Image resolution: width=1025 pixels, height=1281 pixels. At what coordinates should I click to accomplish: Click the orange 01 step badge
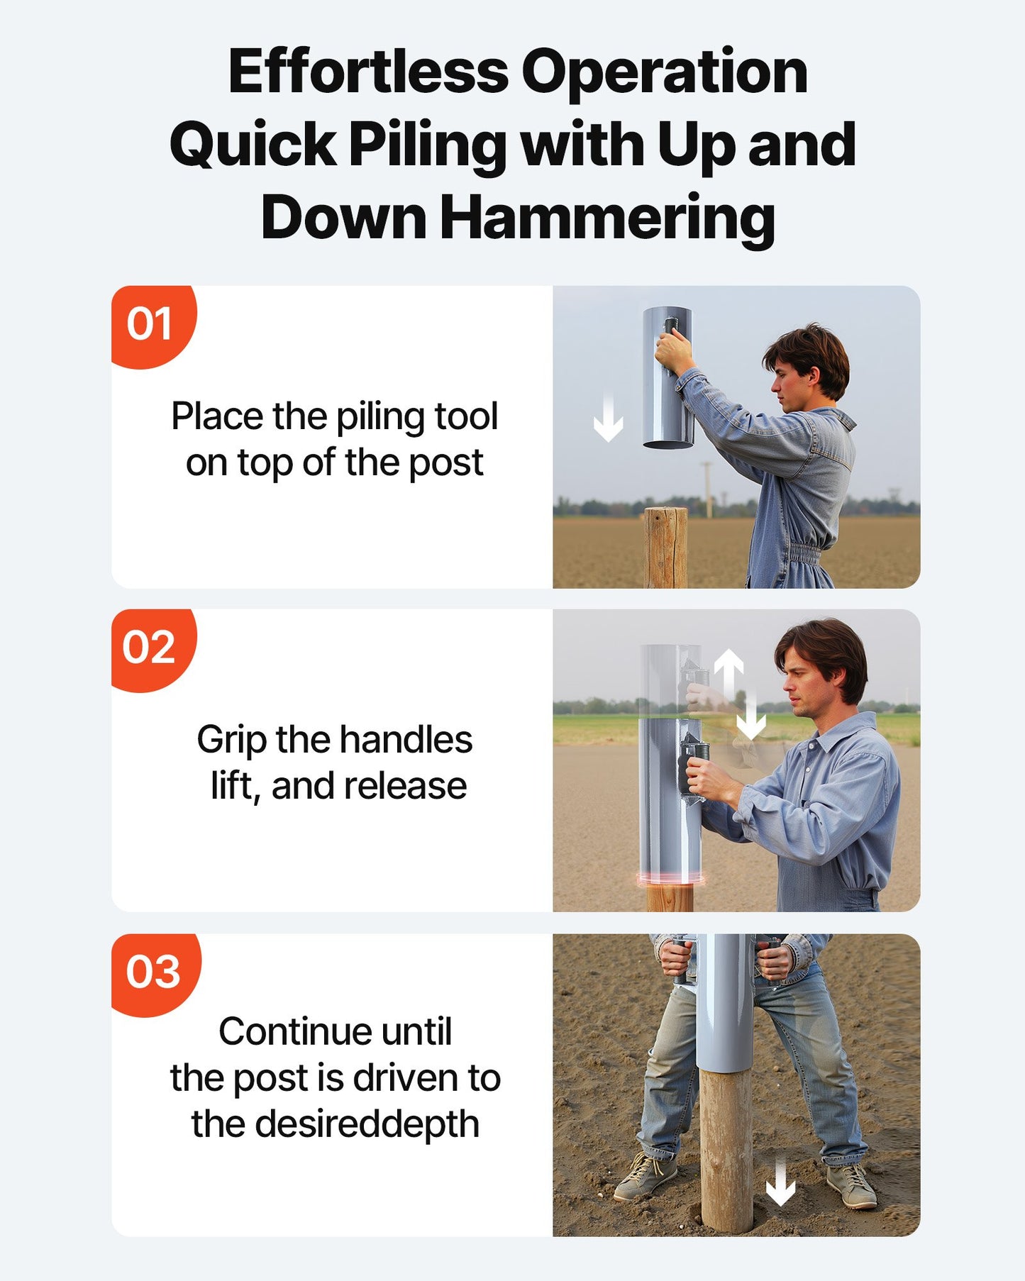pos(151,325)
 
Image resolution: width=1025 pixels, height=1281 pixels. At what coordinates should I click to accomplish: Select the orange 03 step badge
pos(153,972)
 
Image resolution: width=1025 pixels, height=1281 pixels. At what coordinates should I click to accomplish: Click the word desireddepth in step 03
pos(367,1124)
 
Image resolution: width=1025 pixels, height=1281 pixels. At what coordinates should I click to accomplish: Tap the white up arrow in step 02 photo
pos(728,670)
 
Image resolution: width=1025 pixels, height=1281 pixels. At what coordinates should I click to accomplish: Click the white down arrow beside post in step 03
pos(780,1182)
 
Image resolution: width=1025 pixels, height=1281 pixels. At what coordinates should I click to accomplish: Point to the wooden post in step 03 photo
pos(726,1149)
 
